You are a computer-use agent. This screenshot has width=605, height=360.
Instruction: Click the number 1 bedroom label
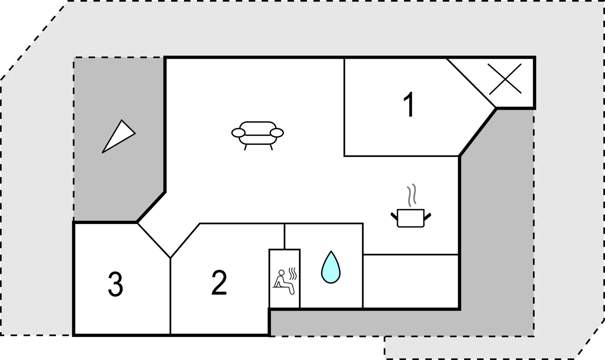[x=409, y=105]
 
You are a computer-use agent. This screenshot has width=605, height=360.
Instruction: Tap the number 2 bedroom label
[x=219, y=283]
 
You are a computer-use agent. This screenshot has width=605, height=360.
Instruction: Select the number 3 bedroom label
[x=115, y=284]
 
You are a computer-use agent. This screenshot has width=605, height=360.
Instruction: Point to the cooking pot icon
[x=411, y=218]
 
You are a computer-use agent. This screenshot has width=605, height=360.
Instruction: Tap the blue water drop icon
[x=331, y=267]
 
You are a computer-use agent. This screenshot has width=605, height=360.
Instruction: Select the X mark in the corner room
[x=505, y=79]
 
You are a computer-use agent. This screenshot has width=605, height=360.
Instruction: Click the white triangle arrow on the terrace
[x=118, y=136]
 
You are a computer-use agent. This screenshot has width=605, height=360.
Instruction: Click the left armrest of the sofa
[x=238, y=133]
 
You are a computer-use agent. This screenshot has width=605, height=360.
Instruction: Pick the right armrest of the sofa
[x=277, y=133]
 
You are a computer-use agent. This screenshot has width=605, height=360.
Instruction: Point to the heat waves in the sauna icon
[x=293, y=273]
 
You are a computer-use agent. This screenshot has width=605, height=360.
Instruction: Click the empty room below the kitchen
[x=411, y=281]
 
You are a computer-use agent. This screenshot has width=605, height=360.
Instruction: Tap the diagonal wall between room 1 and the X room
[x=471, y=83]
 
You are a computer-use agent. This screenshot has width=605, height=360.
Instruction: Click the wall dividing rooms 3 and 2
[x=170, y=296]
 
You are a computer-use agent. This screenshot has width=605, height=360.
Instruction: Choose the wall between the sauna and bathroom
[x=300, y=278]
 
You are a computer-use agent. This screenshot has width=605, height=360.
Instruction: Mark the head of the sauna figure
[x=281, y=272]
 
